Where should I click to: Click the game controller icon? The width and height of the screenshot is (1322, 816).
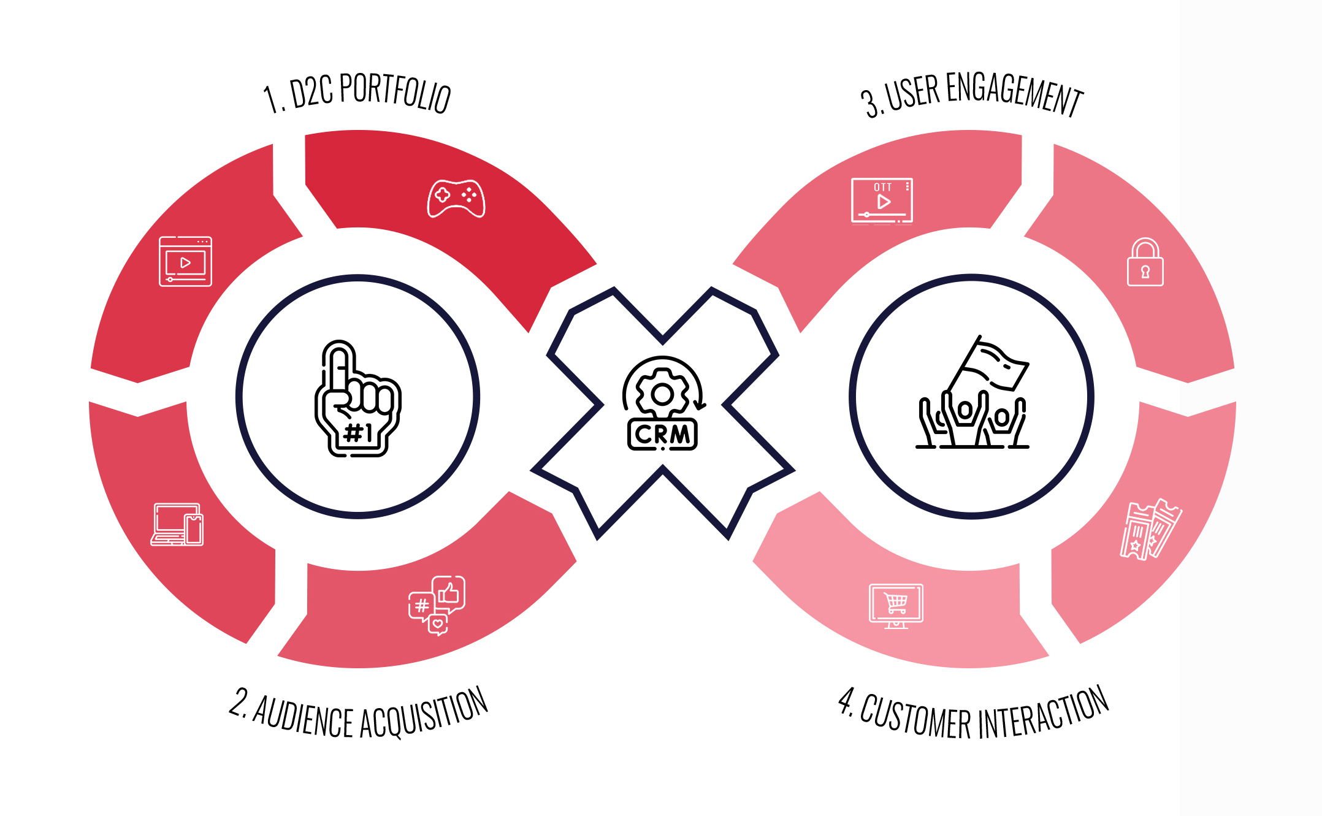point(456,198)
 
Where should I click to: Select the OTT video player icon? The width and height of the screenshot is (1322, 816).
point(882,200)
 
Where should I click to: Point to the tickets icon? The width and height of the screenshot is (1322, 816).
point(1149,529)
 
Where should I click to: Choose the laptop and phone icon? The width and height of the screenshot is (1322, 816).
point(177,525)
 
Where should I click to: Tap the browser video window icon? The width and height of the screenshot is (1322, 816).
point(185,261)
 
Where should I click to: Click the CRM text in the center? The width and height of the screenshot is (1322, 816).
point(662,434)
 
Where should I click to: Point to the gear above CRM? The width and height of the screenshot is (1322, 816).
point(662,394)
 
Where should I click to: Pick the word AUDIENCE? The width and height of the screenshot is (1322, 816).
point(303,715)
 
